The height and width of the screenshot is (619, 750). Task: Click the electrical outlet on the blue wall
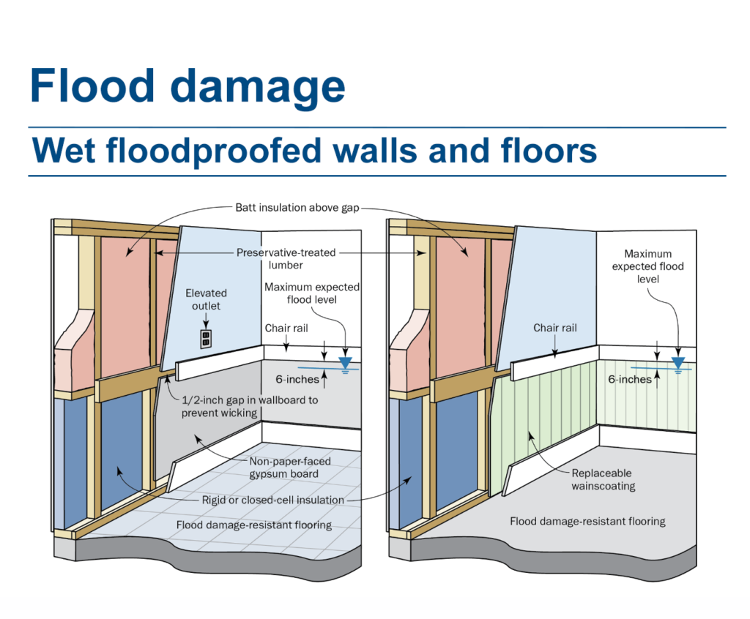[206, 338]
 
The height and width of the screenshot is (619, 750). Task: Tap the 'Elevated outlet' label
[206, 299]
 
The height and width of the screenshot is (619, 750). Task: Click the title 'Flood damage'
[187, 86]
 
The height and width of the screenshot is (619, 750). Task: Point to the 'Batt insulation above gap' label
[297, 207]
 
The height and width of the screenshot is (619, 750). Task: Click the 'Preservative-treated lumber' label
[286, 258]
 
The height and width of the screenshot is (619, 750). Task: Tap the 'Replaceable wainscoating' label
[602, 479]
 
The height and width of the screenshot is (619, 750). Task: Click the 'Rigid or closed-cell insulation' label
[272, 500]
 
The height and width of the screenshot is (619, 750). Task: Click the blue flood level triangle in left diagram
[346, 362]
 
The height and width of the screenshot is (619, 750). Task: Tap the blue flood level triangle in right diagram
[678, 362]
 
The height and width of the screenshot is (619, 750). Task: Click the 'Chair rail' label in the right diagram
[555, 328]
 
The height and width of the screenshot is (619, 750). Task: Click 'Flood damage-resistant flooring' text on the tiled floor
[253, 525]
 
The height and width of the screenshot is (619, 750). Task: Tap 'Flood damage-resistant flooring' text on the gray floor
[587, 521]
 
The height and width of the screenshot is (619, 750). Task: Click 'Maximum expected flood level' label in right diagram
[647, 266]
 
